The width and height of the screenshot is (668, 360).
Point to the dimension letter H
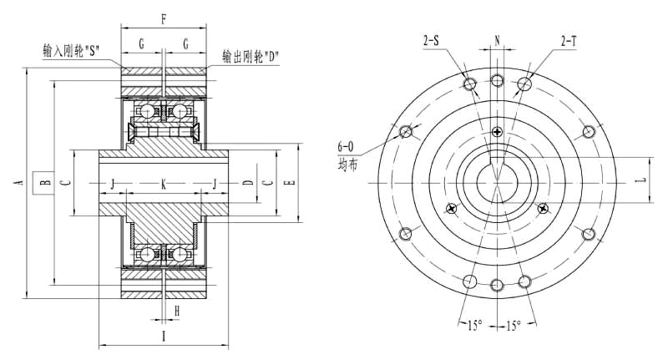(178, 311)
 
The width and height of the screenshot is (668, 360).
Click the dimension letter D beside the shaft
(247, 182)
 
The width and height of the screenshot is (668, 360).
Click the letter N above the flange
(497, 40)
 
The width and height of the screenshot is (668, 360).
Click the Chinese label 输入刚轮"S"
(72, 49)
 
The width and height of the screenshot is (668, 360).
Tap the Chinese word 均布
(347, 165)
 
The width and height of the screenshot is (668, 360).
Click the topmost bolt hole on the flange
(497, 81)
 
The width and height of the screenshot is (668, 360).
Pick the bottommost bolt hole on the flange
(497, 285)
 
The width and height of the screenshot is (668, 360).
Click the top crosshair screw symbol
(497, 131)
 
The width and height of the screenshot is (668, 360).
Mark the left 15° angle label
(472, 325)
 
